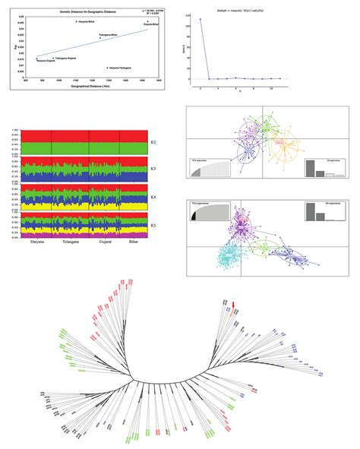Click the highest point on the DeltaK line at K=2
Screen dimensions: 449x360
201,20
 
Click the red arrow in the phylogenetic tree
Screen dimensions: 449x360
234,304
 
